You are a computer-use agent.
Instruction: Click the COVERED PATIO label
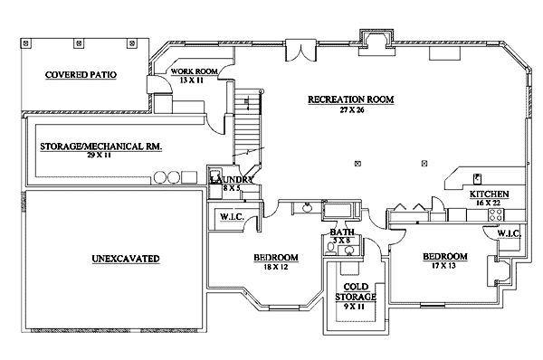point(81,75)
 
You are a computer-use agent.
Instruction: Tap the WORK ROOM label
point(194,71)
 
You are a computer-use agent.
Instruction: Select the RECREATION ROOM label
point(351,99)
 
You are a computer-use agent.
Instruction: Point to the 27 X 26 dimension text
point(351,110)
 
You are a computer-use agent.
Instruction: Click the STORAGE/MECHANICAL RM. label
point(100,147)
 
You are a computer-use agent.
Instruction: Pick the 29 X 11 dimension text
point(99,155)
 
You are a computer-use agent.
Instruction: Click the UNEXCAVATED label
point(126,259)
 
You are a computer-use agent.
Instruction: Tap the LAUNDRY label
point(232,180)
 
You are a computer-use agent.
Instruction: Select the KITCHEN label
point(489,194)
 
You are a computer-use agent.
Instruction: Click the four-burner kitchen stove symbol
point(496,214)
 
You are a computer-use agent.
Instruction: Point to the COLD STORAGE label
point(356,292)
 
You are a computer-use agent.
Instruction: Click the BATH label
point(342,232)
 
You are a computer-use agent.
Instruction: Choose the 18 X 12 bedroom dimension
point(276,267)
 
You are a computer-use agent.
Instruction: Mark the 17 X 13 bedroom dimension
point(443,266)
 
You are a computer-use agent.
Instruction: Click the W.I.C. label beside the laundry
point(232,217)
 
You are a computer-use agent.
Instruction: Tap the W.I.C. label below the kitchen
point(509,233)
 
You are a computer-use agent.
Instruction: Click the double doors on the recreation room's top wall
point(300,51)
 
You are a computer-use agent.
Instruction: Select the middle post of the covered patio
point(80,43)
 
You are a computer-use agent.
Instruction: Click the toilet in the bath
point(331,248)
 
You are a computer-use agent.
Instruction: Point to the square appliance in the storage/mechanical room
point(189,177)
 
